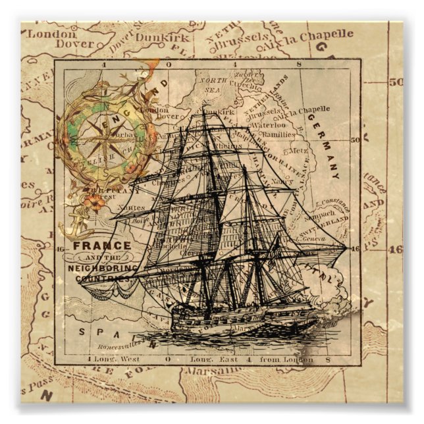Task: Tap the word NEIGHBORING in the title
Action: coord(103,269)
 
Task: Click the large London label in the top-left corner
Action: coord(44,32)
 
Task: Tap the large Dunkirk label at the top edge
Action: coord(162,38)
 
